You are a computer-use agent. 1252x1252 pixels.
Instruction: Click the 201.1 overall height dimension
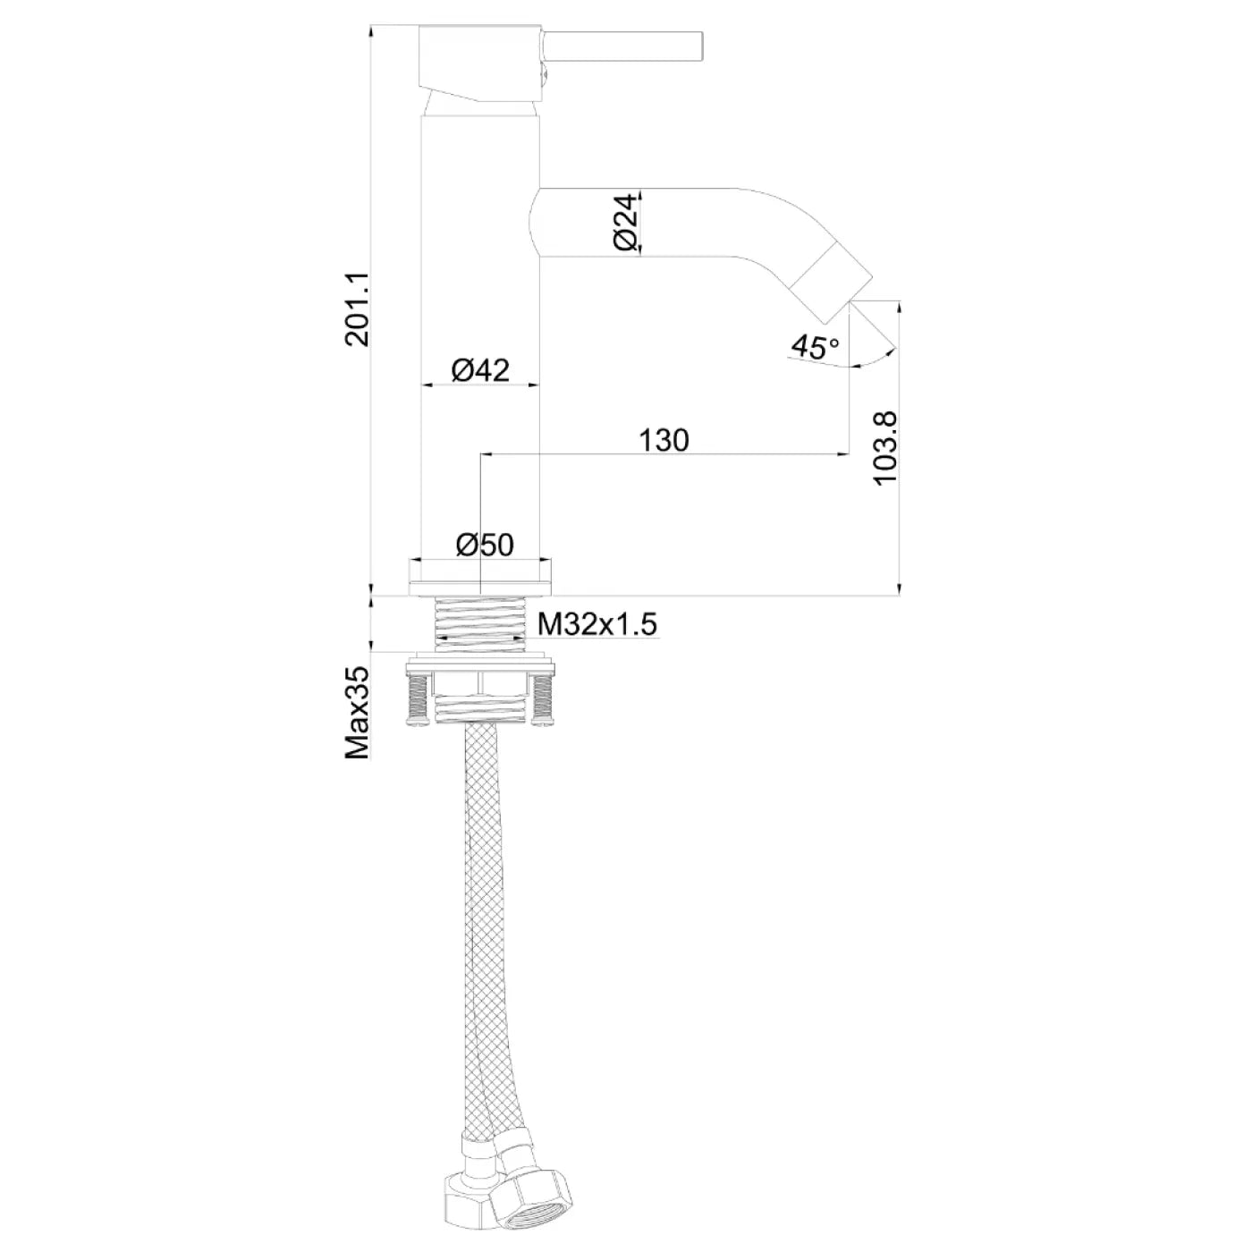pos(358,309)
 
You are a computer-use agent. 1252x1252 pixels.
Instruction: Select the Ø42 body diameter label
pos(481,370)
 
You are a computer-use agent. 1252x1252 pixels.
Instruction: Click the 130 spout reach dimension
pos(664,441)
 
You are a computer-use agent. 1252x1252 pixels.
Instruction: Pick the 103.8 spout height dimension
pos(885,448)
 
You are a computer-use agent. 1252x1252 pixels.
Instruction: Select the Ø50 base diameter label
pos(485,545)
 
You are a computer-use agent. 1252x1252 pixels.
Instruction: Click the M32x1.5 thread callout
pos(597,625)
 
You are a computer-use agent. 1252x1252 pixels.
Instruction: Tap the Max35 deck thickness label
pos(358,713)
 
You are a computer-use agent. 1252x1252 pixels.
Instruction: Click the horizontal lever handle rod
pos(622,46)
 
